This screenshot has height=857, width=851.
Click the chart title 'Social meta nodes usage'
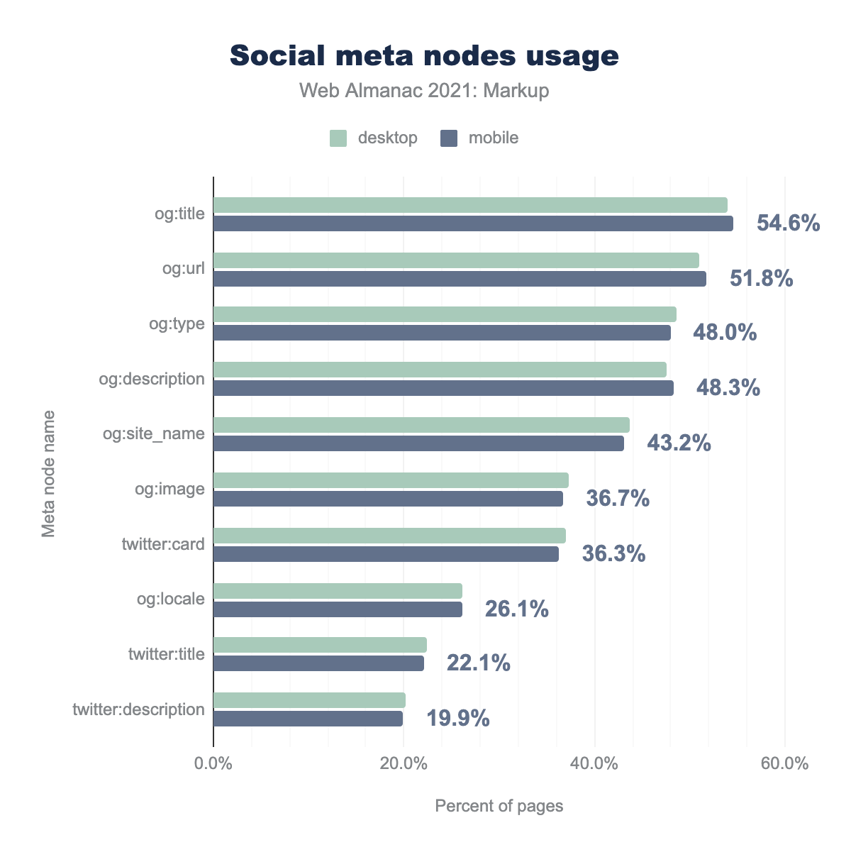[x=424, y=56]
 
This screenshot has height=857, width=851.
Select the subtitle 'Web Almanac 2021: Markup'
[x=424, y=91]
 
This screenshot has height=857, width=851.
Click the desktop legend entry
[x=374, y=138]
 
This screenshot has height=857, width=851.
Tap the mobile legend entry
[x=480, y=138]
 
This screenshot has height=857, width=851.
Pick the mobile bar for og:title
[x=473, y=224]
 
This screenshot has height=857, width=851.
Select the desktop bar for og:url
[x=456, y=260]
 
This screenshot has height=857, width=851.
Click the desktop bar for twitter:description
[x=309, y=700]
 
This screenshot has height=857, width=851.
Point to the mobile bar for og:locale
[x=338, y=609]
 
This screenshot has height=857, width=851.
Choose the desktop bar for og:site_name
[x=421, y=425]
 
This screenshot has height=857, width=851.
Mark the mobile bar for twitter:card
[x=386, y=554]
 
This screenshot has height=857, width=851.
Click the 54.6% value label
[x=788, y=223]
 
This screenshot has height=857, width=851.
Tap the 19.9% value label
[x=457, y=719]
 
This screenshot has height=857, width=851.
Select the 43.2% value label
[x=679, y=443]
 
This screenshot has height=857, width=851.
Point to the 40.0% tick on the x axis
[x=594, y=764]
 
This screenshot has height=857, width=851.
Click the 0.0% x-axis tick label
[x=213, y=764]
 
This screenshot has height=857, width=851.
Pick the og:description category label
[x=152, y=379]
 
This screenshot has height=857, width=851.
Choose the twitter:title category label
[x=167, y=654]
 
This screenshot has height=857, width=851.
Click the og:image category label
[x=169, y=489]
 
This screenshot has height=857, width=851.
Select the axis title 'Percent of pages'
[x=499, y=806]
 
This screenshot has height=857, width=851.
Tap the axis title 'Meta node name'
[x=48, y=473]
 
